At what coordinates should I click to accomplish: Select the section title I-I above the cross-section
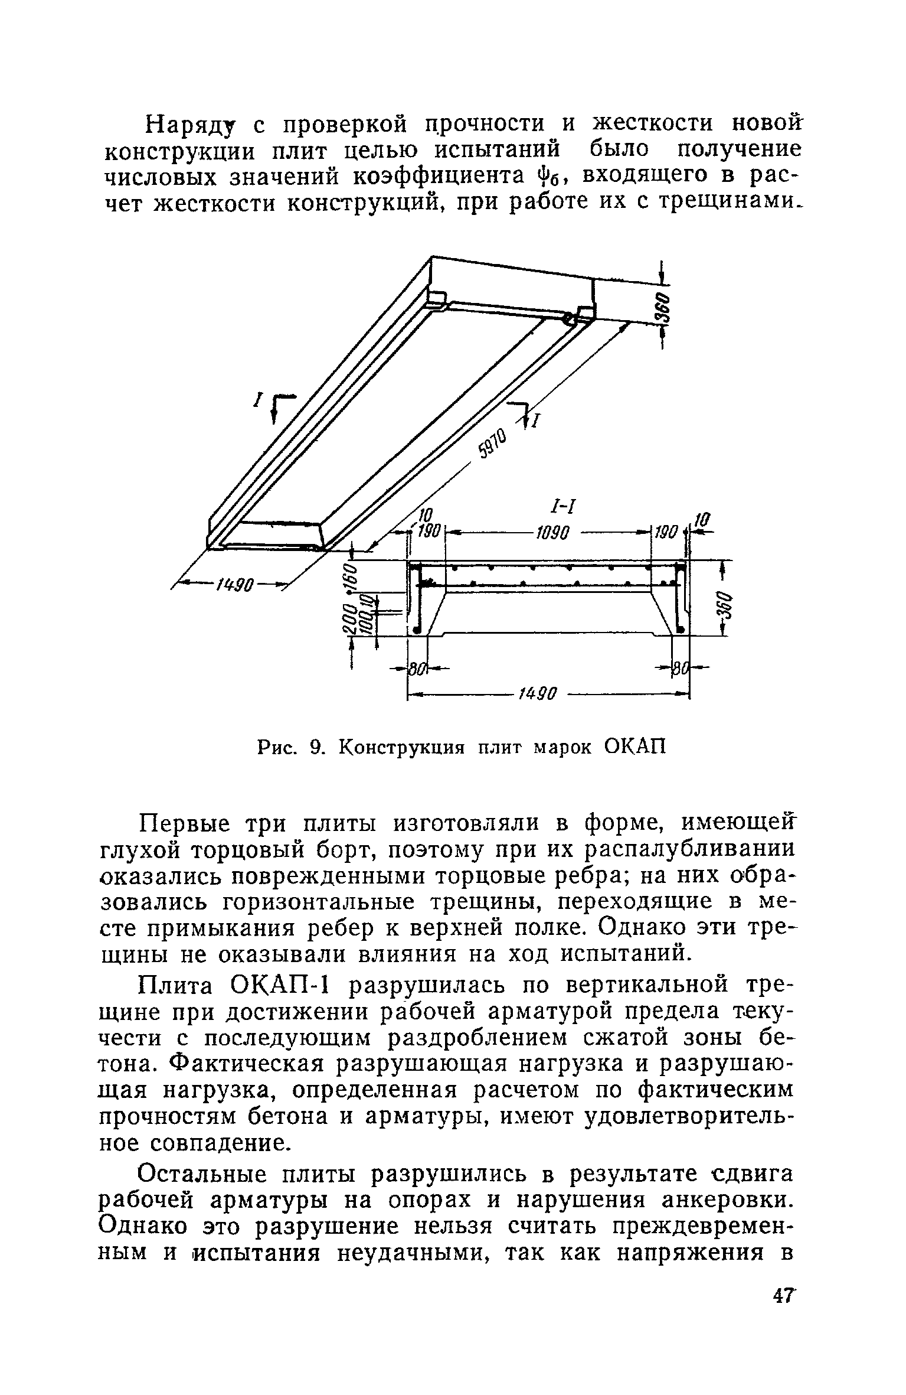pyautogui.click(x=562, y=506)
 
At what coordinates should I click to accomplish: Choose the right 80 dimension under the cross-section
pyautogui.click(x=681, y=669)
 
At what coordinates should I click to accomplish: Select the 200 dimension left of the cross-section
pyautogui.click(x=349, y=620)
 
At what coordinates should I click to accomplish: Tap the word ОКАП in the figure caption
pyautogui.click(x=635, y=747)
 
